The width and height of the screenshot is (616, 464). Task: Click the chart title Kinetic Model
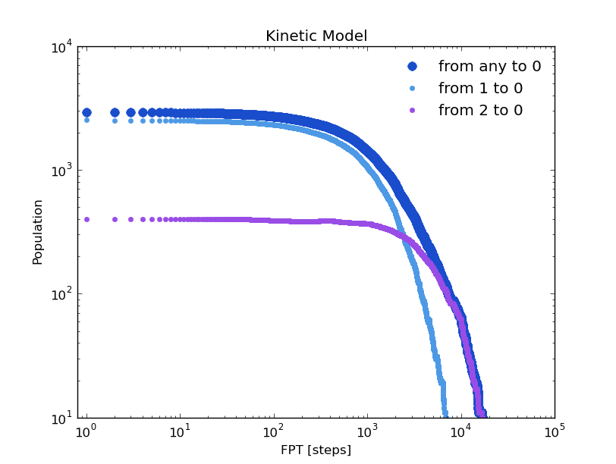click(316, 36)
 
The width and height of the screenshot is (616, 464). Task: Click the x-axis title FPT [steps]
click(316, 450)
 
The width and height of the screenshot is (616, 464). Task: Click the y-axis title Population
click(38, 232)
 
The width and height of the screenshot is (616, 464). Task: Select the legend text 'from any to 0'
click(489, 67)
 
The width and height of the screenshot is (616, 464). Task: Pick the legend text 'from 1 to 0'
click(480, 89)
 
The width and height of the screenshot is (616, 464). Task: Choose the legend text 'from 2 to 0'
click(480, 111)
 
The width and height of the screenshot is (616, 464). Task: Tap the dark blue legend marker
click(412, 67)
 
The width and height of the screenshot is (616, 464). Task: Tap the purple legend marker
click(412, 111)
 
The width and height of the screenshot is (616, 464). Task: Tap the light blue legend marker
click(412, 89)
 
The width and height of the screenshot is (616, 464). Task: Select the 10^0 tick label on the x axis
click(86, 432)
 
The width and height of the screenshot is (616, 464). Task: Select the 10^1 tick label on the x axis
click(180, 432)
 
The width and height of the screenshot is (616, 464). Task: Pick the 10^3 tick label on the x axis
click(367, 432)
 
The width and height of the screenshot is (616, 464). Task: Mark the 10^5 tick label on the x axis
click(555, 432)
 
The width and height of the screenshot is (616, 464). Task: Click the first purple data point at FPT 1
click(86, 219)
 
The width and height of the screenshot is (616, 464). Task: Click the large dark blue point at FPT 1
click(86, 112)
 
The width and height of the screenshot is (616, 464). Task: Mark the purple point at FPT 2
click(115, 219)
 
